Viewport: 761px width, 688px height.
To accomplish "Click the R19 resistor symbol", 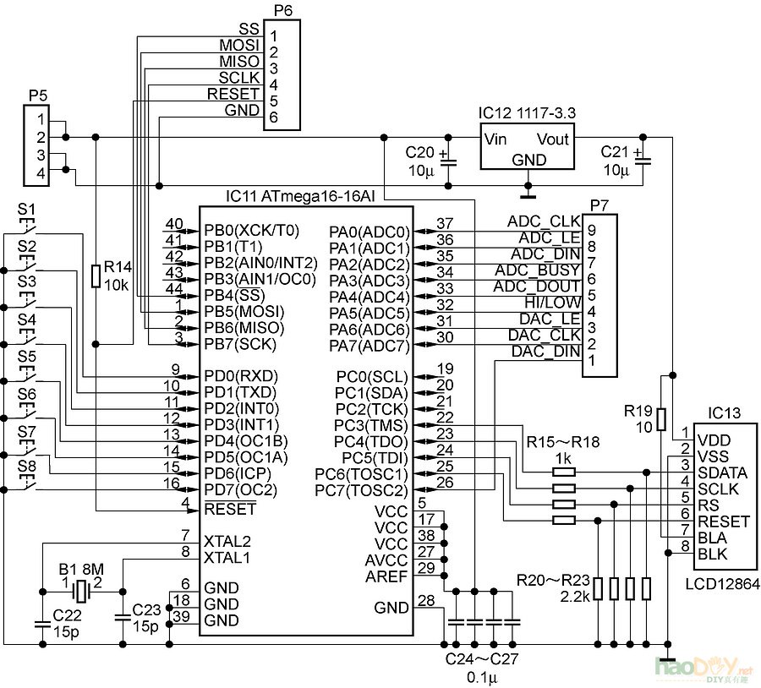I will click(660, 418).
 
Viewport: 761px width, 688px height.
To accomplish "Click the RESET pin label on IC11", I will click(229, 509).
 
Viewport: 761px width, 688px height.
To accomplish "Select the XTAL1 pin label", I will click(226, 558).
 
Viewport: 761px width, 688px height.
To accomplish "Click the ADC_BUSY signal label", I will click(539, 270).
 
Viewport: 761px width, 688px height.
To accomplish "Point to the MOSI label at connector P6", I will click(239, 45).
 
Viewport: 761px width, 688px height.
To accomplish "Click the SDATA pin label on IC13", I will click(722, 472).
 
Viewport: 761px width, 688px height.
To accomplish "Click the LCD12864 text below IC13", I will click(723, 584).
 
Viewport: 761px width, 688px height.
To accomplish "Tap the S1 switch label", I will click(27, 208).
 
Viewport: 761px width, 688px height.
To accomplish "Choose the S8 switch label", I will click(27, 465).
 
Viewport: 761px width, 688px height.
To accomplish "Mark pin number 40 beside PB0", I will click(174, 224).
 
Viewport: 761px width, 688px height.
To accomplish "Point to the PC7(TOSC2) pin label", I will click(361, 490).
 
